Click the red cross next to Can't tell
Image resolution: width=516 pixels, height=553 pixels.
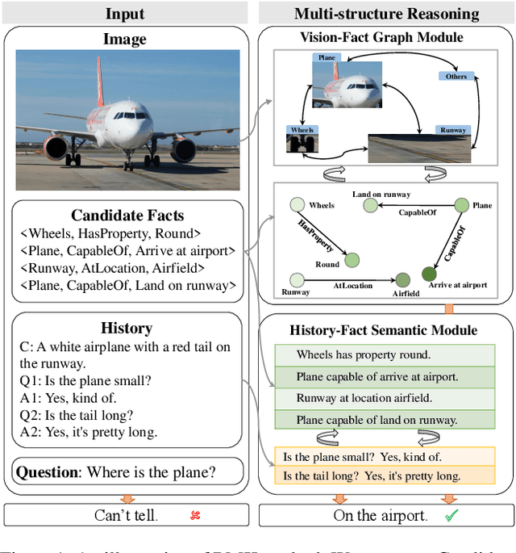[195, 515]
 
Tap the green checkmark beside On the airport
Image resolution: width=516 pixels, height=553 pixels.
[451, 515]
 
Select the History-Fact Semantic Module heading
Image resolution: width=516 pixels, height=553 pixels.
[384, 329]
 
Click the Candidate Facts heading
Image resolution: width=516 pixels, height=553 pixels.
[127, 216]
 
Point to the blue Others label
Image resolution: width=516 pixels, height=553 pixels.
[456, 77]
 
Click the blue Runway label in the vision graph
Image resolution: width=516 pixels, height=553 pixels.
[453, 129]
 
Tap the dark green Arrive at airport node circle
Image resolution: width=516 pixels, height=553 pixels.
[427, 274]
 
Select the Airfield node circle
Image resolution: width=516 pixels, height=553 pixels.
[402, 279]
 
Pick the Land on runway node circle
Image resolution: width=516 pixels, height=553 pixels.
[371, 206]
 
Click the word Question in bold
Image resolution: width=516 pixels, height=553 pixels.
[48, 471]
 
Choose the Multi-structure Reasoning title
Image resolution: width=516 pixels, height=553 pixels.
[386, 14]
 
